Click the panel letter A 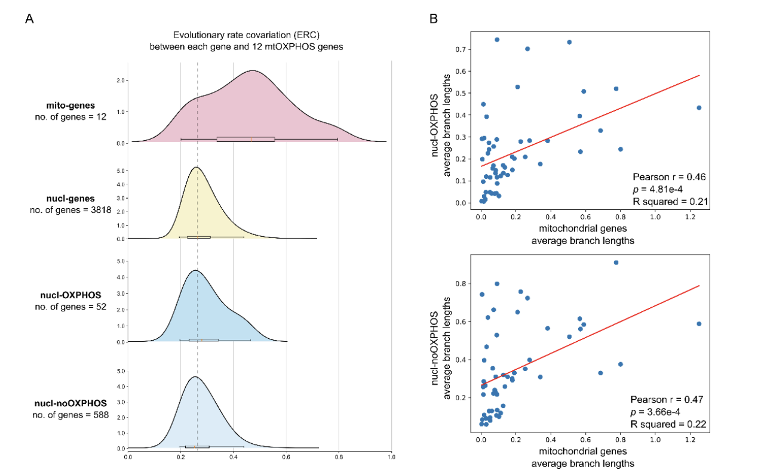29,18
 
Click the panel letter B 434,18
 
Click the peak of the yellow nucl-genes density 196,168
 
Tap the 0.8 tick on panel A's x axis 339,457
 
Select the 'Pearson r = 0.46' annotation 670,177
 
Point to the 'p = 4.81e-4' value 663,189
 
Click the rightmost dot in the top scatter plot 699,108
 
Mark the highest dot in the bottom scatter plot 616,262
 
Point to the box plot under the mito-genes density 246,139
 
